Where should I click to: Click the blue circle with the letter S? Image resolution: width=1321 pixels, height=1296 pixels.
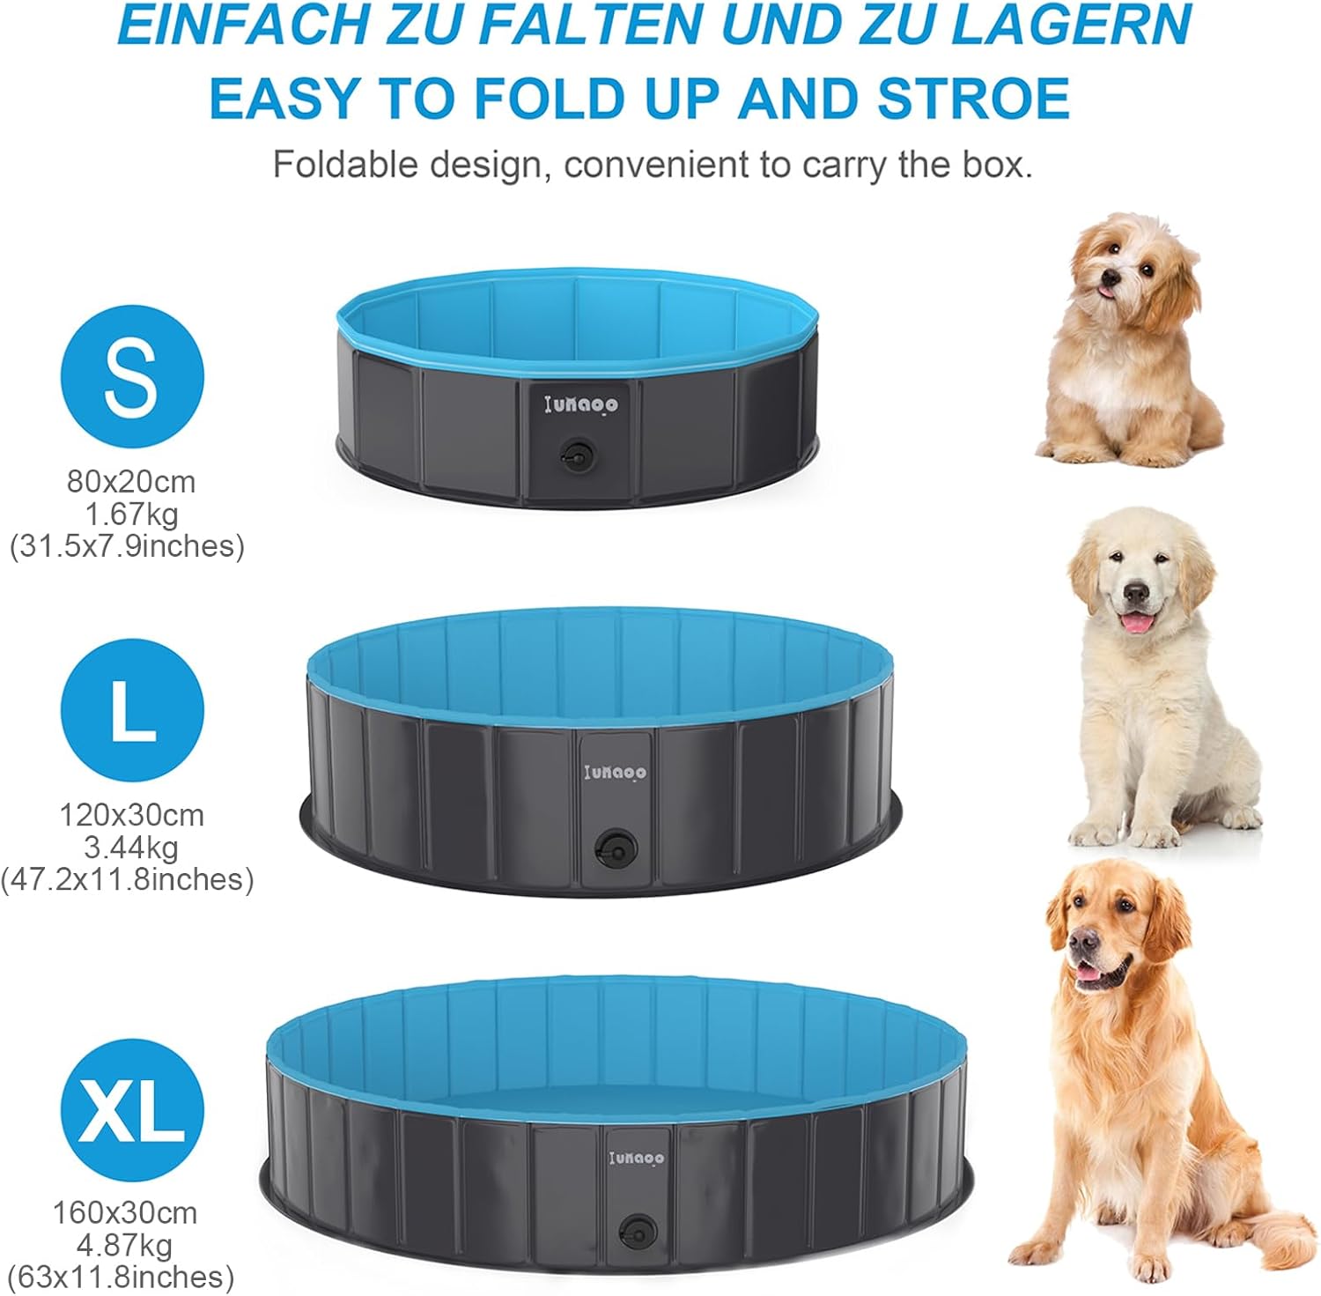click(132, 376)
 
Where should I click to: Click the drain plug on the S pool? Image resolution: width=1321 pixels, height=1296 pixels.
click(577, 456)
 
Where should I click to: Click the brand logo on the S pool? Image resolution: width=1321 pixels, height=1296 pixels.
click(581, 404)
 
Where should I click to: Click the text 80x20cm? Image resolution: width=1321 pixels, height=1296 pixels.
click(131, 482)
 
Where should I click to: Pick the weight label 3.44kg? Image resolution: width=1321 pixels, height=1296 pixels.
click(131, 848)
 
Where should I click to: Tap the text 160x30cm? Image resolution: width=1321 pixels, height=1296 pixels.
click(125, 1213)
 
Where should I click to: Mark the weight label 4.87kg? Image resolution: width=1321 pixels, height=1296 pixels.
click(125, 1245)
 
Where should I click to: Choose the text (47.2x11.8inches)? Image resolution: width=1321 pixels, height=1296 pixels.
click(128, 879)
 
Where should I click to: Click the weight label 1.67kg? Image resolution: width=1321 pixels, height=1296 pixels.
click(131, 514)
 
